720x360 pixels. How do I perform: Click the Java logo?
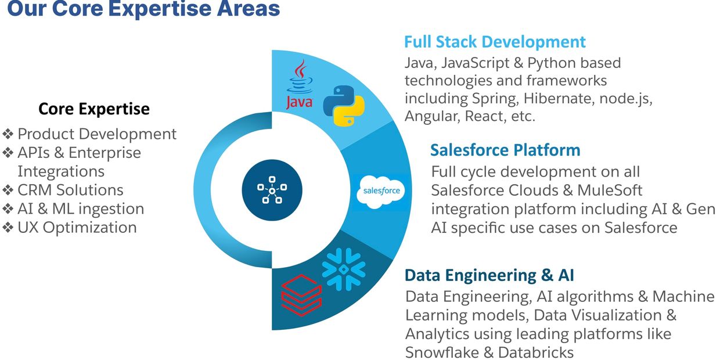[300, 85]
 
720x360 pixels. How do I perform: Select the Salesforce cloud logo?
[380, 190]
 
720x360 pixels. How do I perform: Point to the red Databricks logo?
[300, 293]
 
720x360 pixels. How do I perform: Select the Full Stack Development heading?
[495, 42]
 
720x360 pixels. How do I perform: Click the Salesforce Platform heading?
[505, 150]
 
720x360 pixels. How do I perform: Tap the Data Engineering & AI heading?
[489, 275]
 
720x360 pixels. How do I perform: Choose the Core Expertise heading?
[94, 109]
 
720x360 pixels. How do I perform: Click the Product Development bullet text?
[97, 134]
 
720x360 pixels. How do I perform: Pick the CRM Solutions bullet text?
[70, 190]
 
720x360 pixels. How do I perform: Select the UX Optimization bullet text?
[77, 227]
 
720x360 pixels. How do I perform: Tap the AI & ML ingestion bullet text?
[81, 208]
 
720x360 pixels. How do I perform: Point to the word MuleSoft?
[610, 190]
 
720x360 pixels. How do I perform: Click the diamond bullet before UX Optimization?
[8, 228]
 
